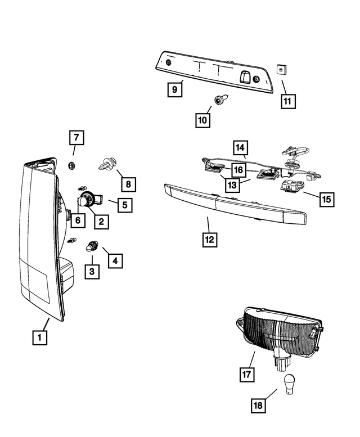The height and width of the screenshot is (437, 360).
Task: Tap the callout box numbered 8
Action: (128, 183)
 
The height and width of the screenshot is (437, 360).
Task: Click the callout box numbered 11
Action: (288, 102)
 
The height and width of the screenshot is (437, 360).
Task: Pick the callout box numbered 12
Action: (209, 239)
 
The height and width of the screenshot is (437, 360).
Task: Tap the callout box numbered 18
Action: (258, 404)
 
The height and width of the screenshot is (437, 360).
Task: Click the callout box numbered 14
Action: (241, 148)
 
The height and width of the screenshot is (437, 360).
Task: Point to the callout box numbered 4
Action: (115, 261)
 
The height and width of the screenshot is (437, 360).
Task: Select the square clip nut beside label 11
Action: (282, 70)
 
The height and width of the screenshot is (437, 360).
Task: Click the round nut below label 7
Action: (72, 165)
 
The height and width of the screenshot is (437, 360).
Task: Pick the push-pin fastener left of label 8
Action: (107, 164)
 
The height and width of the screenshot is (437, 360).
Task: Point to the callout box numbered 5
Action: (124, 205)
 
